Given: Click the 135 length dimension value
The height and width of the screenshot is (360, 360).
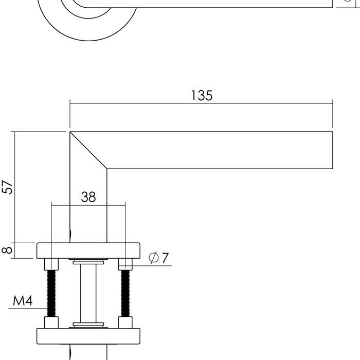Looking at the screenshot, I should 202,96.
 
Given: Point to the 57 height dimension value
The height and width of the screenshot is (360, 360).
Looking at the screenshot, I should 7,187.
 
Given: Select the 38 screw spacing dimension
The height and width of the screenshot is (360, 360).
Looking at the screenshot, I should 88,197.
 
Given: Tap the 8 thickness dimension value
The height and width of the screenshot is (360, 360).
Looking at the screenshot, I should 7,250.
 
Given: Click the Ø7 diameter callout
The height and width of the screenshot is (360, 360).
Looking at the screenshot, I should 159,258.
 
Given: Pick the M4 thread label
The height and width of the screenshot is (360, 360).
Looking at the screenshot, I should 23,301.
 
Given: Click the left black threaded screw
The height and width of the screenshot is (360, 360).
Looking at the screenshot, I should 51,293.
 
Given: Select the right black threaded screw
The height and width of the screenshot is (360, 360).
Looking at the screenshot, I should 125,293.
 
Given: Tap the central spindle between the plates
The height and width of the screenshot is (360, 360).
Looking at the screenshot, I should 88,293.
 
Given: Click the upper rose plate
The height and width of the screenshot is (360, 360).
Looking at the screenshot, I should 88,250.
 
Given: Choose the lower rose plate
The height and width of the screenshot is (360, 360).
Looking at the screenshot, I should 88,336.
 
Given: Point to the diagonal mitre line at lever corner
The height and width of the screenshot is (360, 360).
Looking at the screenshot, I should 88,150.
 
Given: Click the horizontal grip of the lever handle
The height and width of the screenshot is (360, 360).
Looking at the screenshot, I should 221,150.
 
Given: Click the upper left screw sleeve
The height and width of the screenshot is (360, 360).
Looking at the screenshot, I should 51,264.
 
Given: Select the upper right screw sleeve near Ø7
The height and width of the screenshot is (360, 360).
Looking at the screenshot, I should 125,264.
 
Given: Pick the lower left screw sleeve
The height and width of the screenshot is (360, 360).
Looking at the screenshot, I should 51,322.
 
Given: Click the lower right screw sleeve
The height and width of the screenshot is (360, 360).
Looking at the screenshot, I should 125,322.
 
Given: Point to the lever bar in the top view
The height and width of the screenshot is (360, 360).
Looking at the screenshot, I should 231,4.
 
